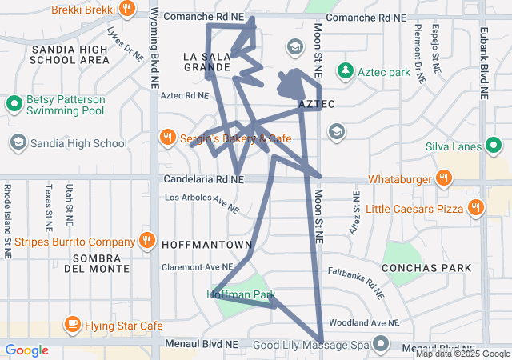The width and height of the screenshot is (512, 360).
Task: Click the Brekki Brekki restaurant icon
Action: pos(127,10)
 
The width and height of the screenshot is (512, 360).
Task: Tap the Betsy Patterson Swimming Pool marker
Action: pos(14,104)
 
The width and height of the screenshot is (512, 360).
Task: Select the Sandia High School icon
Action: pos(18,143)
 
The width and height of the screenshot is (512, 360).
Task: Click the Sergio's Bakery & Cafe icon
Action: pos(167,138)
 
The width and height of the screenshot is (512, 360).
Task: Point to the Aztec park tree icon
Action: pos(345,72)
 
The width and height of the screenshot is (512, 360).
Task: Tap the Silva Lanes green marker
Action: pos(494,146)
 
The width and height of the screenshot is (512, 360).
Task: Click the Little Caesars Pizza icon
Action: pos(476,209)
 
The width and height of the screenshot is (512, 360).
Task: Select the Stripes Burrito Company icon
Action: pos(146,241)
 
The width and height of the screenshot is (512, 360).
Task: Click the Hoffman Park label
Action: pos(242,295)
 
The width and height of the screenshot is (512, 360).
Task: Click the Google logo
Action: pos(27,350)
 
